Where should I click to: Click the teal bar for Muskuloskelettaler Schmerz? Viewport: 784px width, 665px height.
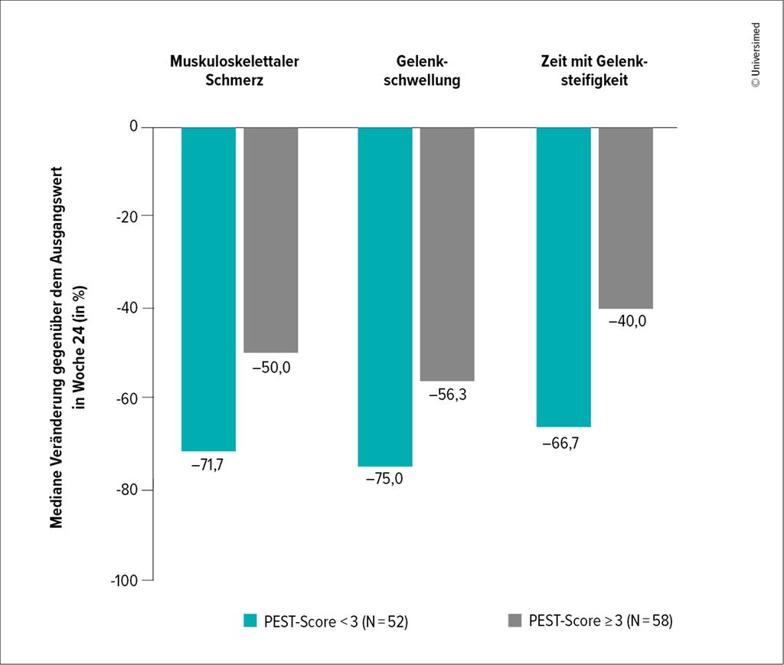click(208, 289)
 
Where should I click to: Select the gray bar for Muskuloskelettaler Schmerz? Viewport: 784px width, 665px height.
click(270, 239)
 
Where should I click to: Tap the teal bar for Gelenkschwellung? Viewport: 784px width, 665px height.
click(385, 296)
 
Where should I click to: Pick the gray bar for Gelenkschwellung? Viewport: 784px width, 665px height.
click(447, 254)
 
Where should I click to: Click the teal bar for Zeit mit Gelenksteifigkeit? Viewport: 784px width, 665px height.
click(563, 277)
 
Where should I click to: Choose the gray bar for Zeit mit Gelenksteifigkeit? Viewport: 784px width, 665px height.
click(626, 218)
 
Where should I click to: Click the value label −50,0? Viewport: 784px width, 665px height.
click(272, 367)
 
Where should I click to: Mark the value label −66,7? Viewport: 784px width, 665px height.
click(560, 441)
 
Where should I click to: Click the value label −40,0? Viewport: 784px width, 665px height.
click(627, 322)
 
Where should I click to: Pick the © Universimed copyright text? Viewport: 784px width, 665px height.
click(756, 54)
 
